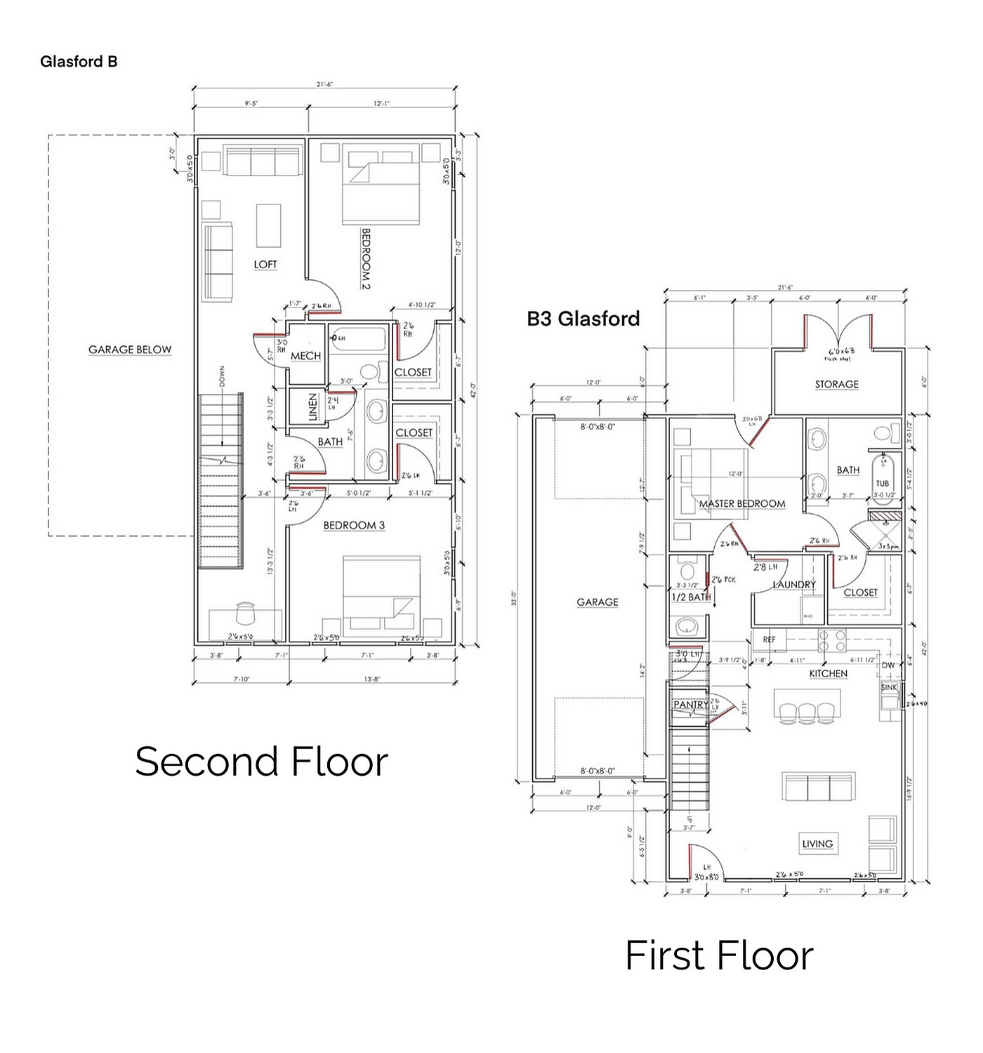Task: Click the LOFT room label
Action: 265,265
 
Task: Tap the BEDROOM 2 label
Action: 365,258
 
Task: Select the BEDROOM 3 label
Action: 354,525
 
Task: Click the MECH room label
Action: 305,356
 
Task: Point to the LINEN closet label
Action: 313,407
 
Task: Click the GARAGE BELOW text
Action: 130,350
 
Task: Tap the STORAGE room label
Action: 836,384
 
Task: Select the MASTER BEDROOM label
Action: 742,503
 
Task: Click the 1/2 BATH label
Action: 691,597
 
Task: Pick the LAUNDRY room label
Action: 794,584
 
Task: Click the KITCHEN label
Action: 829,673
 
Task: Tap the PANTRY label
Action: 690,704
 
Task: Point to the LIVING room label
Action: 817,844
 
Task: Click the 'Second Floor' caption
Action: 261,762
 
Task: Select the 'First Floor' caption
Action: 719,955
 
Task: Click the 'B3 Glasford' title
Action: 583,319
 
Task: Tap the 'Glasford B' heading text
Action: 79,62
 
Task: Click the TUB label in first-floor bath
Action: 882,483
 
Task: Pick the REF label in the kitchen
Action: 770,640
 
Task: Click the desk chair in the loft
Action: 245,613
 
